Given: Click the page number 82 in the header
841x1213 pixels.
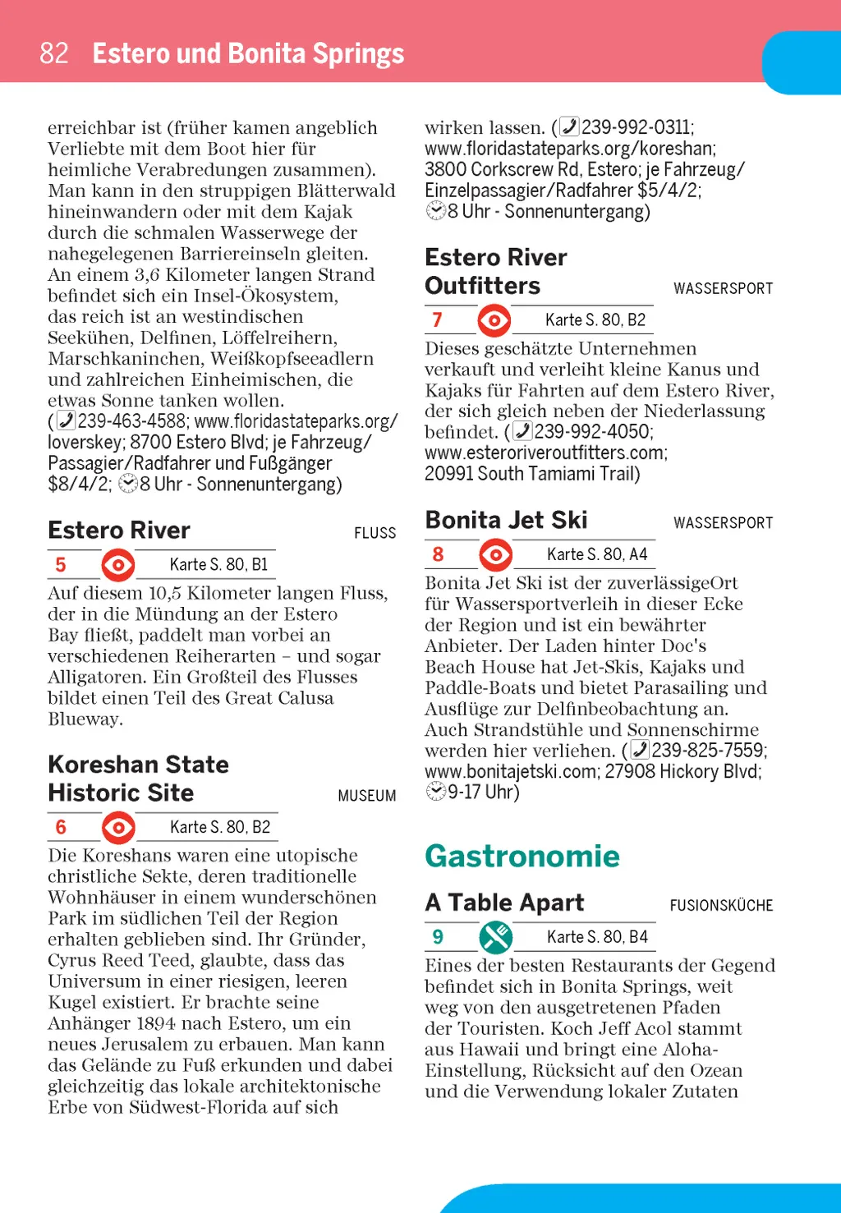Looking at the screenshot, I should click(54, 53).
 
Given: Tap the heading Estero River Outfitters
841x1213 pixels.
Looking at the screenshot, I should click(495, 271).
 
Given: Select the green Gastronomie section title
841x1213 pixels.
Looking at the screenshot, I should click(522, 856).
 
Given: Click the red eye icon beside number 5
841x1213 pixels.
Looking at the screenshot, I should click(118, 565).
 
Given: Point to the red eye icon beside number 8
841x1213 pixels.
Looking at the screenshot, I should click(495, 555).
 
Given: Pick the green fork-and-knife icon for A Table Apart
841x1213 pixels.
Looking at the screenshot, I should click(495, 937).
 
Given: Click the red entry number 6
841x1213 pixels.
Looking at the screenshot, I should click(61, 827).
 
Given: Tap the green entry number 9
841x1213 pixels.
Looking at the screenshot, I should click(438, 937).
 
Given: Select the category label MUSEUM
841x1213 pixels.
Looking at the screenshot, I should click(366, 796).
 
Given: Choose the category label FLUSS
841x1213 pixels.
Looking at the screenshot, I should click(375, 533).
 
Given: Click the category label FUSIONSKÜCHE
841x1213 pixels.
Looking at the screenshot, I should click(721, 905).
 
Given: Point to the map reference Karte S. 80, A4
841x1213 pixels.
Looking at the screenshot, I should click(597, 554).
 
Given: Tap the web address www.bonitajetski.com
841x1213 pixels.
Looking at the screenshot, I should click(510, 771).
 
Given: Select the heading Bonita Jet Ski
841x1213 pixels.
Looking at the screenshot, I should click(506, 520).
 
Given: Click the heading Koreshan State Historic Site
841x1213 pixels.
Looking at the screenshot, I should click(138, 779).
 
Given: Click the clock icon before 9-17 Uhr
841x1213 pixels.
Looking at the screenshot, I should click(435, 792).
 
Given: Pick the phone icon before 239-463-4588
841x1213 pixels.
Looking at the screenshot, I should click(66, 421).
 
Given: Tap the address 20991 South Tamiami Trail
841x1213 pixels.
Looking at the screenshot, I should click(531, 474).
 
